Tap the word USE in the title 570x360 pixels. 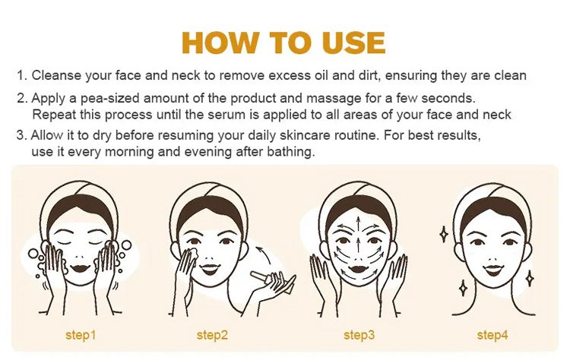pos(353,43)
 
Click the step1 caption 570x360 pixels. pos(81,335)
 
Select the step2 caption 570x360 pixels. pos(212,335)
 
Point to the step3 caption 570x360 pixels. pos(359,335)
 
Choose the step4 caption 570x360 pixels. pos(492,335)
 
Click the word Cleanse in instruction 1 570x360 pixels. pos(56,75)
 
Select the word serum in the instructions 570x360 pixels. pos(226,115)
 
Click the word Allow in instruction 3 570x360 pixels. pos(47,135)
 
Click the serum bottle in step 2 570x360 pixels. pos(263,277)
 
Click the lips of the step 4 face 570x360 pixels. pos(494,270)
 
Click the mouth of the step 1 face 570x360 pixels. pos(81,268)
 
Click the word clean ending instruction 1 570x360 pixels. pos(510,75)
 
